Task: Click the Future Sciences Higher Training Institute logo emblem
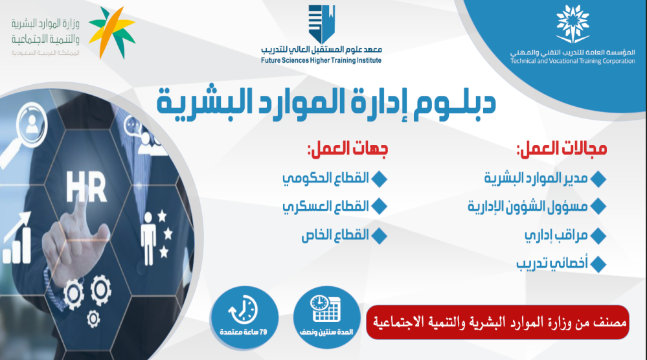tap(321, 23)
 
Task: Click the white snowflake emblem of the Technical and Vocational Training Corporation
tap(573, 24)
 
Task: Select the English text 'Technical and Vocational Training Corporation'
tap(573, 61)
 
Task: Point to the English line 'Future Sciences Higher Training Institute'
tap(321, 61)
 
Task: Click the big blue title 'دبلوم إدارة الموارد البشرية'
tap(326, 103)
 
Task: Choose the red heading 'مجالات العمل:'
tap(562, 149)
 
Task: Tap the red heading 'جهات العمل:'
tap(347, 149)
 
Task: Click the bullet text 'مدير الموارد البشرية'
tap(536, 178)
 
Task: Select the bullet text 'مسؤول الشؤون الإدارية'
tap(527, 206)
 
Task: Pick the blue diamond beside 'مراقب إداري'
tap(598, 236)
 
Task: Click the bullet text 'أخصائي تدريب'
tap(552, 263)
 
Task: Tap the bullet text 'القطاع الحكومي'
tap(326, 178)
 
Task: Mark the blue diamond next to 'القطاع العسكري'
tap(379, 207)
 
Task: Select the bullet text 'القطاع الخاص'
tap(335, 235)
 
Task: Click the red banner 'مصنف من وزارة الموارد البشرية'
tap(497, 322)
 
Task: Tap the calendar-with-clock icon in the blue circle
tap(326, 309)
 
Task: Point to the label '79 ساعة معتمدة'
tap(244, 332)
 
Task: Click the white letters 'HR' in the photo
tap(86, 187)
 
